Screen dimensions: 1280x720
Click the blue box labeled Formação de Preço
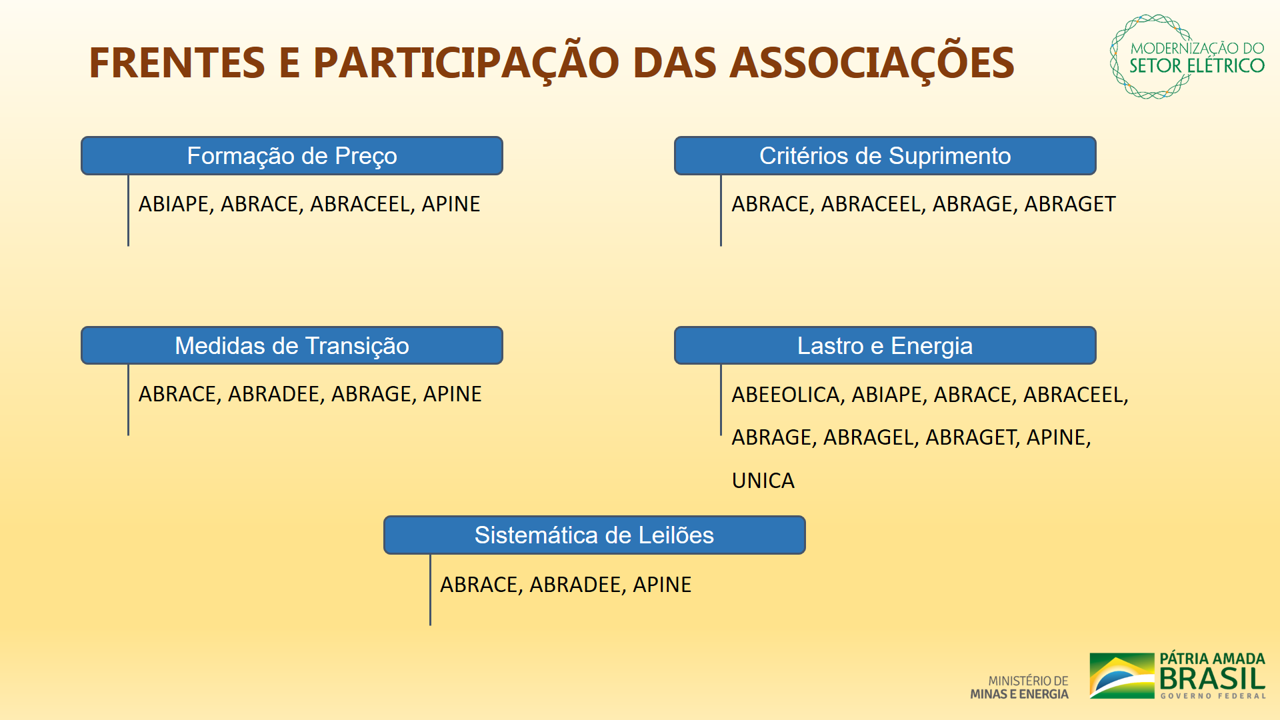pos(292,156)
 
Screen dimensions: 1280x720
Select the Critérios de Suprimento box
pos(885,156)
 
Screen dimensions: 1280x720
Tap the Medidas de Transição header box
pos(292,345)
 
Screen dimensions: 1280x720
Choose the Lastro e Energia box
pos(885,345)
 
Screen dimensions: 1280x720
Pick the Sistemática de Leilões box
pos(594,535)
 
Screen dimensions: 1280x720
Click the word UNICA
pos(763,481)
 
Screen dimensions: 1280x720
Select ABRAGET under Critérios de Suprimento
pos(1070,204)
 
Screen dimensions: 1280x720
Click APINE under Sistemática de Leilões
pos(662,585)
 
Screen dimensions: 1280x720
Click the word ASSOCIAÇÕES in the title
pos(872,63)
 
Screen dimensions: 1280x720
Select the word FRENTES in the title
pos(177,63)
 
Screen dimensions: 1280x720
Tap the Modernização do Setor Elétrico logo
pos(1187,57)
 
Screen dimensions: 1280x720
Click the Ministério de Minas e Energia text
pos(1019,687)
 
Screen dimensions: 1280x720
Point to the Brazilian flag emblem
pos(1122,676)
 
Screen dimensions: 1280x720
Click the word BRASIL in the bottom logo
pos(1213,679)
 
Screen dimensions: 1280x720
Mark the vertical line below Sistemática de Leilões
pos(430,590)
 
